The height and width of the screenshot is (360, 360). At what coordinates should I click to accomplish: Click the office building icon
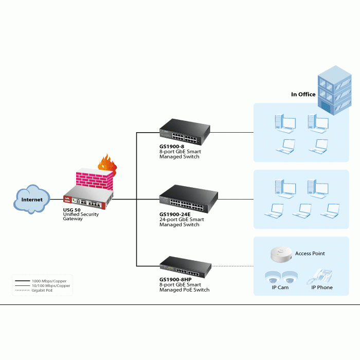point(334,90)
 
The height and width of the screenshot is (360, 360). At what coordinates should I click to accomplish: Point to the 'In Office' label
point(303,94)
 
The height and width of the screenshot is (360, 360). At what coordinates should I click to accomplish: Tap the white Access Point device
point(281,254)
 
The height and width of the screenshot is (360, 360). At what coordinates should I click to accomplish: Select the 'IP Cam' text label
point(280,287)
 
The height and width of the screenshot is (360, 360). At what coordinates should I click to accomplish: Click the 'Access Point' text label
point(310,254)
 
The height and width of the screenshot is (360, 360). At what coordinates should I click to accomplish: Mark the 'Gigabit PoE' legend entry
point(42,291)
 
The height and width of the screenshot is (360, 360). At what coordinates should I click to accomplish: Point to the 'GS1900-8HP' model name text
point(175,280)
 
